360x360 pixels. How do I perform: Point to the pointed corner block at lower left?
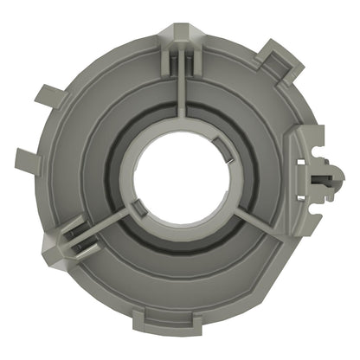(54, 247)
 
